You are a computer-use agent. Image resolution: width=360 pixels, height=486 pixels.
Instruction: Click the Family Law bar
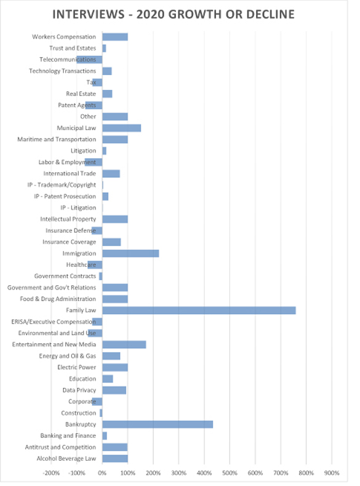[x=199, y=310]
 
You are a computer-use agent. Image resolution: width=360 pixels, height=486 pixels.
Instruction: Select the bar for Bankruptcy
[x=158, y=424]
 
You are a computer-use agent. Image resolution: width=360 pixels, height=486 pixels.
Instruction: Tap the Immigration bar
[x=130, y=254]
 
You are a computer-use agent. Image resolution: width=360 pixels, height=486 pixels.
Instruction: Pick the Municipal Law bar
[x=122, y=128]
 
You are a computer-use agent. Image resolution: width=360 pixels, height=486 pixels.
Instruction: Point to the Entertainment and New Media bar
[x=124, y=345]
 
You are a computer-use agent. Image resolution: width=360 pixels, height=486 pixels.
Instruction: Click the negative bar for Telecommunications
[x=89, y=60]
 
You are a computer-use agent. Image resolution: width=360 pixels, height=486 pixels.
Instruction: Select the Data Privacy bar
[x=114, y=391]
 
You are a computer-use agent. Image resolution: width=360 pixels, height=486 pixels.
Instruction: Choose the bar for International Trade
[x=111, y=174]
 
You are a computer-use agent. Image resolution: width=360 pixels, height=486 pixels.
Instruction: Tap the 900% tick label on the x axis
[x=332, y=473]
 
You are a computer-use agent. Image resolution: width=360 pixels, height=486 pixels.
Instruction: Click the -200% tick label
[x=51, y=473]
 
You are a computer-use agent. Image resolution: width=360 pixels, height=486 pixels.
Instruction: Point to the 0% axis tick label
[x=102, y=473]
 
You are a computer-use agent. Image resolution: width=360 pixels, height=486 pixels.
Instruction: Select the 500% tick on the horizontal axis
[x=230, y=473]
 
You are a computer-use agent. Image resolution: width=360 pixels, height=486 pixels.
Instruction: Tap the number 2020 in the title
[x=150, y=14]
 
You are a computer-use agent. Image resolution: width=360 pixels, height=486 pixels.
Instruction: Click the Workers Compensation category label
[x=64, y=37]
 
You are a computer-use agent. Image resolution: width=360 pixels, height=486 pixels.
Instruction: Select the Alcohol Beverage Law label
[x=66, y=458]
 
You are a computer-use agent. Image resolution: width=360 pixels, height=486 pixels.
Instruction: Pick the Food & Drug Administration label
[x=58, y=299]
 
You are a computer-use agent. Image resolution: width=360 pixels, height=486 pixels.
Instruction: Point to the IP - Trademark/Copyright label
[x=62, y=185]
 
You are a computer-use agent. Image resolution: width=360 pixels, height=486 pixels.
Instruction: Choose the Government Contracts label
[x=65, y=276]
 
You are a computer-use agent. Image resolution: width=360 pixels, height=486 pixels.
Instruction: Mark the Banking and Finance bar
[x=105, y=435]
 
